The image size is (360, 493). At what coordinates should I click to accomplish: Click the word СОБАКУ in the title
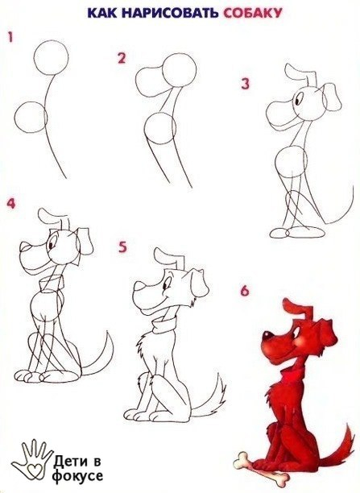(x=253, y=13)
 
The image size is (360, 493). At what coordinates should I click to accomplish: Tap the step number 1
(x=10, y=37)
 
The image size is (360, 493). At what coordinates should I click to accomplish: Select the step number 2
(x=122, y=59)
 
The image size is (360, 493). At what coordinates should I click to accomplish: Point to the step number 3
(x=246, y=84)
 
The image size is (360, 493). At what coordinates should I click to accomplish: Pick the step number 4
(x=11, y=203)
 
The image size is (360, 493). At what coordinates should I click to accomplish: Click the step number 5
(x=122, y=246)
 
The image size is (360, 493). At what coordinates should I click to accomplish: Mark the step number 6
(x=245, y=291)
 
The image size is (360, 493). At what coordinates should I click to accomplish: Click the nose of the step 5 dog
(x=139, y=286)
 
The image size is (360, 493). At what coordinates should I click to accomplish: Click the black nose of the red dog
(x=267, y=336)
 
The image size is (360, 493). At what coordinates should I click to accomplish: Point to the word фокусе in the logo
(x=77, y=476)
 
